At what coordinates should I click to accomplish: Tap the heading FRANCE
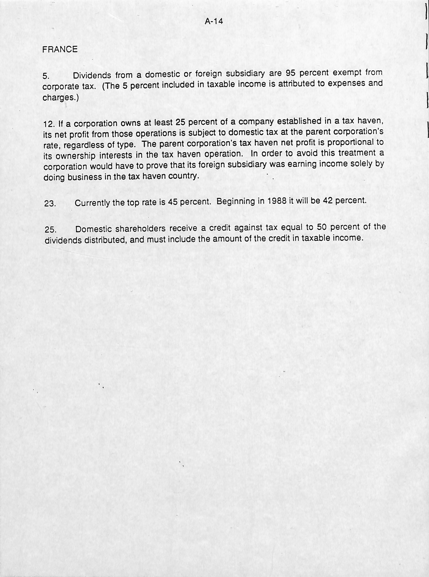point(60,49)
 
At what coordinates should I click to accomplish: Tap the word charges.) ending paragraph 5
point(60,98)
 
